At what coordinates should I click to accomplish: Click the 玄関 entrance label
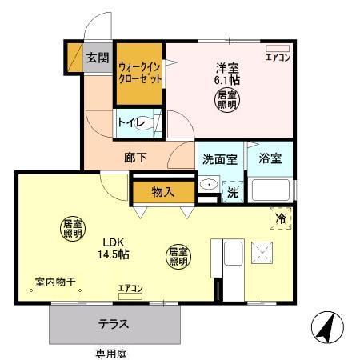[98, 58]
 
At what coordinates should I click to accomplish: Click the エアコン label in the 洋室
[277, 58]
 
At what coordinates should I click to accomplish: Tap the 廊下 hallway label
[135, 158]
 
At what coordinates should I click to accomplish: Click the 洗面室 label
[218, 158]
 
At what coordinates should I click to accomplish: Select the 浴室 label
[270, 158]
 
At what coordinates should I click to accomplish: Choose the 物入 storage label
[163, 192]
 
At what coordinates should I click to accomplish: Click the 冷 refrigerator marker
[281, 218]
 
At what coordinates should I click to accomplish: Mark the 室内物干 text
[54, 282]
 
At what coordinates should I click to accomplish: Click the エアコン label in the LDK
[130, 288]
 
